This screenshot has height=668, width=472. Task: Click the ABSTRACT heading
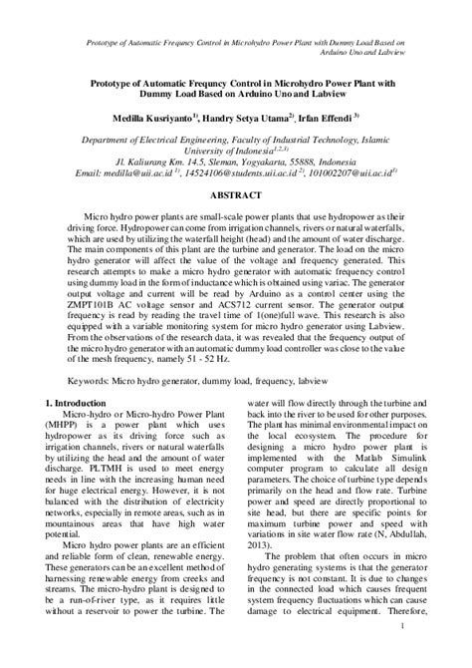[x=235, y=196]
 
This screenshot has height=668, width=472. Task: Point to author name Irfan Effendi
[x=343, y=113]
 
